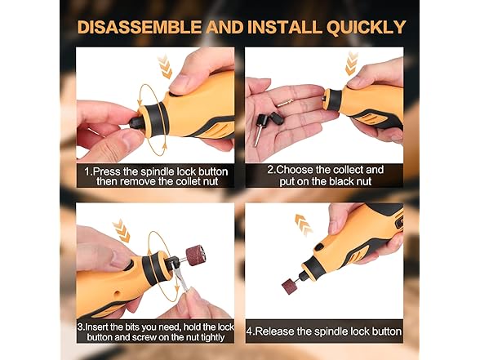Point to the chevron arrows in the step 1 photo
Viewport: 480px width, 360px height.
click(x=164, y=65)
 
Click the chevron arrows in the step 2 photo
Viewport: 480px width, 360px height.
click(x=352, y=62)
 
